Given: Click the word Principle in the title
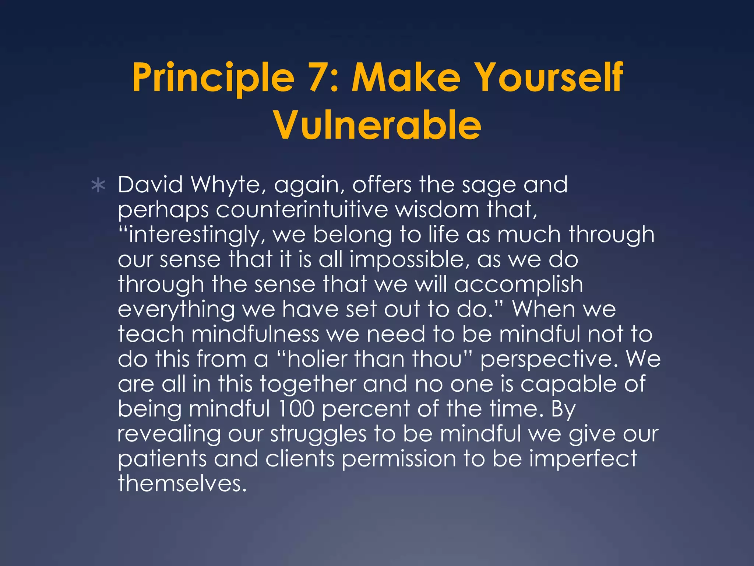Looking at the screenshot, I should click(x=214, y=78).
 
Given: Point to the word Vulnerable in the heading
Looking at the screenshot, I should click(x=377, y=125).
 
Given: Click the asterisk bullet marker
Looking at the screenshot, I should click(x=98, y=186).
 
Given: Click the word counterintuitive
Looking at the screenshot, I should click(x=302, y=210).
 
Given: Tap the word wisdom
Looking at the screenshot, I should click(x=438, y=210).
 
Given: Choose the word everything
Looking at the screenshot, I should click(x=176, y=310).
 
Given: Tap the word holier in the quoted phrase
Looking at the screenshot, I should click(x=317, y=359).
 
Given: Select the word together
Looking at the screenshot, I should click(x=308, y=384).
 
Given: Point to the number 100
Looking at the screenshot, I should click(x=296, y=409).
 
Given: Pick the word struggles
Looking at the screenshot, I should click(x=318, y=434).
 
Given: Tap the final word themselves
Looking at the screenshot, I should click(x=182, y=483).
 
